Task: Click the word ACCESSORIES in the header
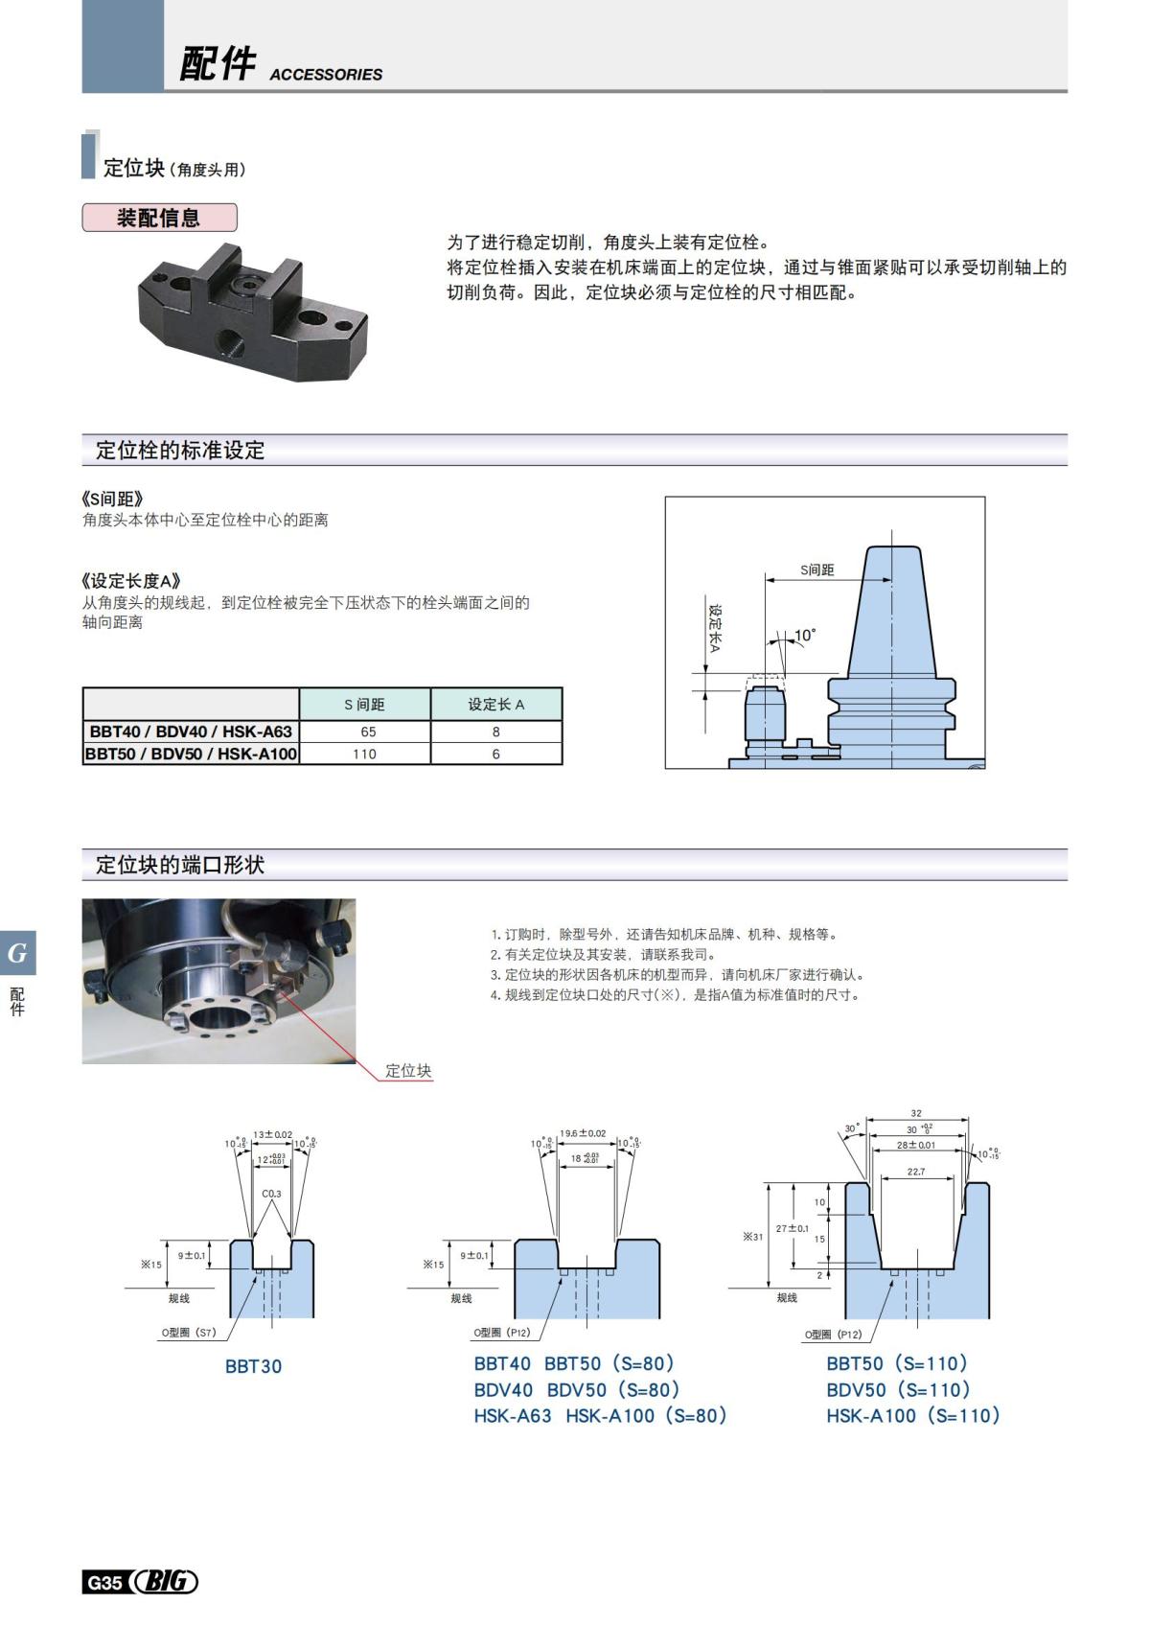(326, 75)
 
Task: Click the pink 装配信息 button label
(159, 218)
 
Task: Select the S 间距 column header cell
(364, 705)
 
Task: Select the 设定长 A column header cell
(495, 705)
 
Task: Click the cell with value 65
(367, 732)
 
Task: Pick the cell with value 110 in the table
(364, 755)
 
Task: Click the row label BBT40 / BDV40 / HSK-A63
(191, 732)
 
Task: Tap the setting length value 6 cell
(495, 755)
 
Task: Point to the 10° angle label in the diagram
(805, 635)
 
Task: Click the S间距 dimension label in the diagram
(817, 569)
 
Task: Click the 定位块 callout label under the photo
(408, 1071)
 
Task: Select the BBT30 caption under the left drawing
(253, 1366)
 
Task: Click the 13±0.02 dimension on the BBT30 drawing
(273, 1134)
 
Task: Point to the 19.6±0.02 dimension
(583, 1133)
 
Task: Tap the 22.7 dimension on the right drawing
(916, 1172)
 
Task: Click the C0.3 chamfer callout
(271, 1194)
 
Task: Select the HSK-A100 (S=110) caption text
(912, 1415)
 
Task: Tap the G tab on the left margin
(17, 953)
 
